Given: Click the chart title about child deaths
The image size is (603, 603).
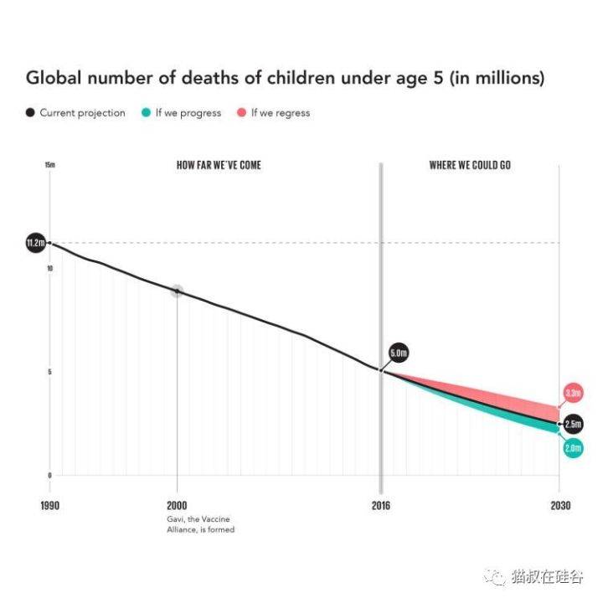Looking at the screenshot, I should pos(285,79).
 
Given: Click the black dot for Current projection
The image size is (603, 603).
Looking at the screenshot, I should pos(31,113).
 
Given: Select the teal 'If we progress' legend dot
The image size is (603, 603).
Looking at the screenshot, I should pos(146,113).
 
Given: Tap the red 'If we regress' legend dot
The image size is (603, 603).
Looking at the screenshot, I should pos(241,113).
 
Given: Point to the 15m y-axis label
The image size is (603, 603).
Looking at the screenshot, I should pos(50,165).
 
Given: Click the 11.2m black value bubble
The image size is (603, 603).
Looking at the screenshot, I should pos(35,244).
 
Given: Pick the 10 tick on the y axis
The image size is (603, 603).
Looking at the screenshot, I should pos(50,269).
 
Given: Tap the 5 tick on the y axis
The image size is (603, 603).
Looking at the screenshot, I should pos(50,372).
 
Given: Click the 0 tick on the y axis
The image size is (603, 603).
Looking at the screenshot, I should pos(50,475).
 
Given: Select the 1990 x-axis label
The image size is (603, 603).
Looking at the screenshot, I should pos(50,506).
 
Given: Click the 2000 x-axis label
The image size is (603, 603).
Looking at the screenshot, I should pos(177,506).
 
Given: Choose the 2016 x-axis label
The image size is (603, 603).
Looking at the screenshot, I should pos(383,506).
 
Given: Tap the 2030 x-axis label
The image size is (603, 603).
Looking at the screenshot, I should pos(560,506).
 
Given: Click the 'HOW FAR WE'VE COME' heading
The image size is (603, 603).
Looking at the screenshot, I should pos(219,165).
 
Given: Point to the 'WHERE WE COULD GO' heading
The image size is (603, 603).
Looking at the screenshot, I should pos(470,165).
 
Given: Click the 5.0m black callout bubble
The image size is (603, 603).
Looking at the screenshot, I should pos(399,353).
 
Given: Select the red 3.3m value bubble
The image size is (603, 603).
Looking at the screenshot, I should pos(574,393).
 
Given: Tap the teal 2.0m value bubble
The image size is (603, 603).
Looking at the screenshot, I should pos(573,449).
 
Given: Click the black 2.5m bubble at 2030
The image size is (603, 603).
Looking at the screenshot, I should pos(574,424).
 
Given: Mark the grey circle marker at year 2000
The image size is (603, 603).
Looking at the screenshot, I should pos(177,291).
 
